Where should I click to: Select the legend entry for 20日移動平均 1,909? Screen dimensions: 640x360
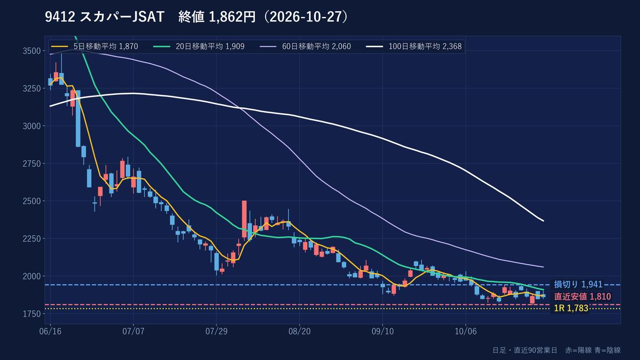(x=199, y=46)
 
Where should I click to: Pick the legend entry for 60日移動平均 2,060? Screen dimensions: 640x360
(x=306, y=46)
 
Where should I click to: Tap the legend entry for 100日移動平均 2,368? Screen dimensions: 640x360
(x=414, y=46)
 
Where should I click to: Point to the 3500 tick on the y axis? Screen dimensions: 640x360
(x=31, y=51)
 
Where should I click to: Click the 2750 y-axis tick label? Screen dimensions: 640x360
(x=31, y=164)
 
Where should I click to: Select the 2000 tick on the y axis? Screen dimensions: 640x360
(x=31, y=276)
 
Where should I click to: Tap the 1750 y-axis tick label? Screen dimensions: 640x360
(x=31, y=314)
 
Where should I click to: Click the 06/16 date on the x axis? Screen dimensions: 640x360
(x=50, y=331)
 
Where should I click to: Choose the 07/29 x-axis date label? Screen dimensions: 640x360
(x=217, y=331)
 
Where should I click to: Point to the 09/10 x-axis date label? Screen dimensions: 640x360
(x=382, y=331)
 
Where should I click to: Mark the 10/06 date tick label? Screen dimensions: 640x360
(x=466, y=331)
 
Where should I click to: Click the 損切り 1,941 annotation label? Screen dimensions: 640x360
(x=578, y=284)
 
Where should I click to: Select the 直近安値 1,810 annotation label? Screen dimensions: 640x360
(x=582, y=297)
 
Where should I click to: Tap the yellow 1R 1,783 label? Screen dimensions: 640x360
(x=571, y=308)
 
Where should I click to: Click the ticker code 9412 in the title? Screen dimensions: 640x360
(x=60, y=17)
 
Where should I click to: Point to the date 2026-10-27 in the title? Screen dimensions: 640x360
(x=306, y=17)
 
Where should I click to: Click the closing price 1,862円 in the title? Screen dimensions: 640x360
(x=233, y=17)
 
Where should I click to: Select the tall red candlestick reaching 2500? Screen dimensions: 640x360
(x=244, y=219)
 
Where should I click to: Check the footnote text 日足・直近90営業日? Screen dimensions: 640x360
(x=525, y=350)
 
